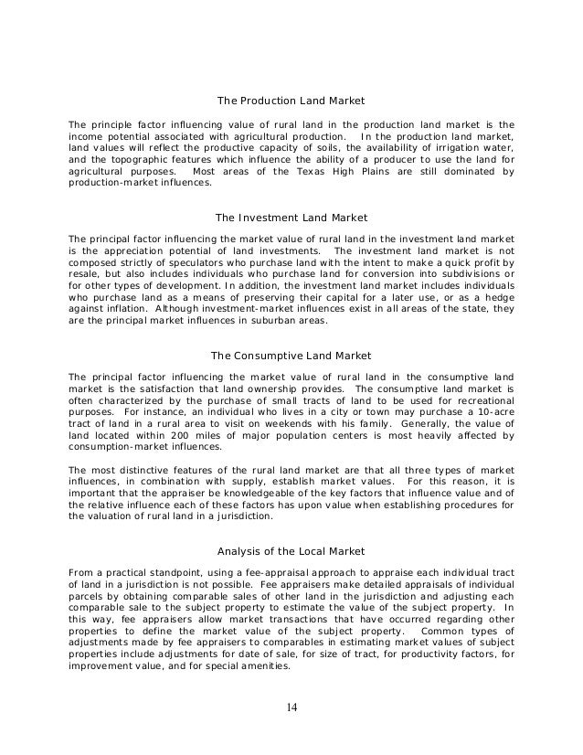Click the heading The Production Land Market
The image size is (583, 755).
coord(291,100)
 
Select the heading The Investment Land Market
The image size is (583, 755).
coord(291,218)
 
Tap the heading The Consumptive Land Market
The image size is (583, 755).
coord(291,355)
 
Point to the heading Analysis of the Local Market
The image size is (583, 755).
coord(291,550)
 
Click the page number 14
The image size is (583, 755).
coord(291,707)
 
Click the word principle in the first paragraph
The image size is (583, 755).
coord(112,122)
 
